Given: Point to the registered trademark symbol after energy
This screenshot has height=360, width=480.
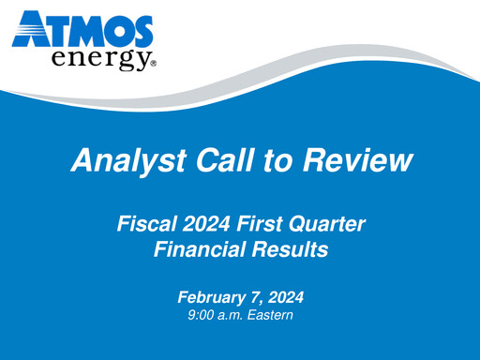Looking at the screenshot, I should click(153, 66).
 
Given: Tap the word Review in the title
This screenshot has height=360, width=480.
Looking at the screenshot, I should click(358, 160).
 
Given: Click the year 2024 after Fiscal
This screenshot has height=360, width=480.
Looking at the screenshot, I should click(206, 225).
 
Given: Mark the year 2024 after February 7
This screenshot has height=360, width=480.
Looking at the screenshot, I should click(286, 297).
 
